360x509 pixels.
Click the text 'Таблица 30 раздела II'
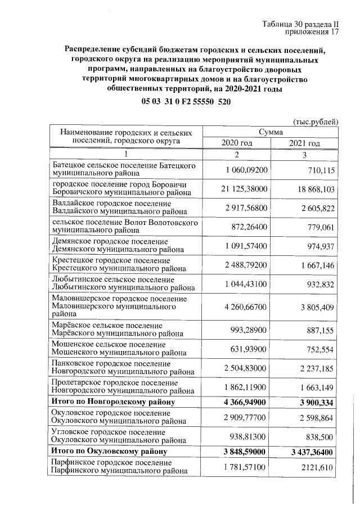[x=299, y=24]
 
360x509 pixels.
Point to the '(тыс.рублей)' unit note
[x=316, y=121]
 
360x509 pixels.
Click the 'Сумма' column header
[x=271, y=132]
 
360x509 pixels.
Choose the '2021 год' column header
[x=304, y=143]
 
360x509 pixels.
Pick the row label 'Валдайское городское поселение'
[x=111, y=204]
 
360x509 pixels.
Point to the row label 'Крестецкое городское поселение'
[x=111, y=260]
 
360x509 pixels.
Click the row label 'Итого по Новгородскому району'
[x=112, y=402]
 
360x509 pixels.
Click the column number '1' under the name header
[x=127, y=154]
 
